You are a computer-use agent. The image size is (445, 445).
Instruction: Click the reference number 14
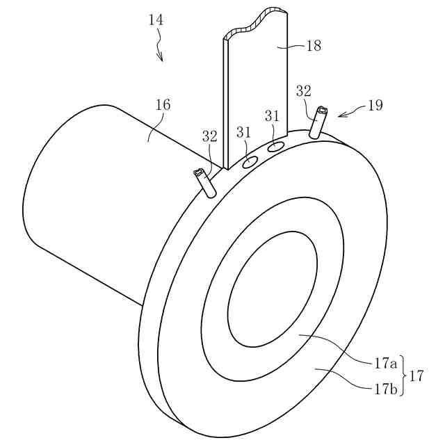point(156,20)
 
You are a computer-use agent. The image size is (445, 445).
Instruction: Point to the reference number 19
point(375,105)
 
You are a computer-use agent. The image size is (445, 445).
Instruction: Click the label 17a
point(385,363)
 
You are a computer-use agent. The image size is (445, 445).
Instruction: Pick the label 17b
point(385,389)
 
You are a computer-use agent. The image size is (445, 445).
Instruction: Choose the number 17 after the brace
point(417,376)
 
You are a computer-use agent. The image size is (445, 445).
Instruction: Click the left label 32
point(210,136)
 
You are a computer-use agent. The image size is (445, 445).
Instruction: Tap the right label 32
point(304,90)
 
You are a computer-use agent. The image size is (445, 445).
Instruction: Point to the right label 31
point(272,115)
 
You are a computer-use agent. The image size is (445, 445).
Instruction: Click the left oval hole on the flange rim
point(249,163)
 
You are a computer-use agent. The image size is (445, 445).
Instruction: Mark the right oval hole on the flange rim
point(275,147)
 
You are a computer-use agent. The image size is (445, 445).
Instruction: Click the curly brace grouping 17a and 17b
point(403,376)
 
